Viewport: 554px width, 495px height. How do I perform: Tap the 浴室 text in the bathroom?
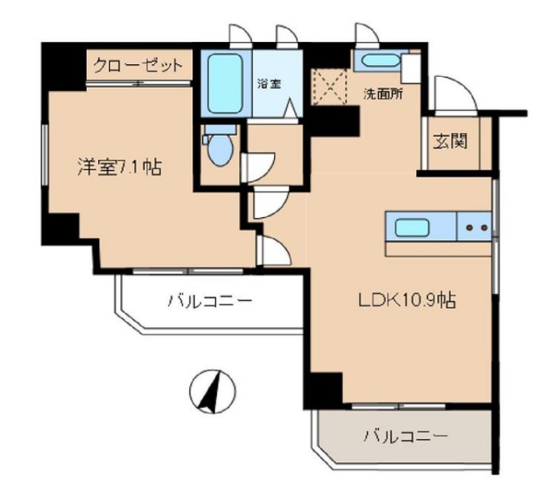tap(267, 84)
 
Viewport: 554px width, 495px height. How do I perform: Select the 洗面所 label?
tap(383, 93)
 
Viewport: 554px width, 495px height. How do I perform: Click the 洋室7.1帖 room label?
tap(119, 167)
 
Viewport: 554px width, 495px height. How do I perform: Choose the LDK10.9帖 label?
tap(407, 300)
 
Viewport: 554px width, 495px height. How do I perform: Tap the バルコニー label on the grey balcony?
tap(406, 436)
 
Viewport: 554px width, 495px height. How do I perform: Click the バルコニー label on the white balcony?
tap(209, 301)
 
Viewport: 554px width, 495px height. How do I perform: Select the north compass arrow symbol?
tap(212, 391)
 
